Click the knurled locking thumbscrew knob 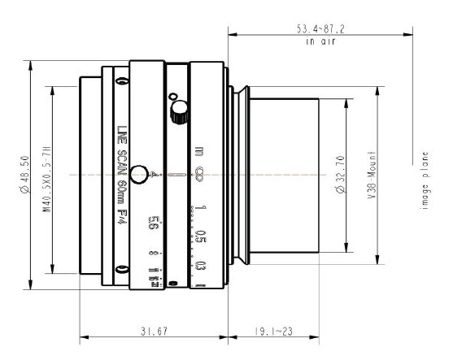[178, 111]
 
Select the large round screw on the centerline [142, 173]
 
